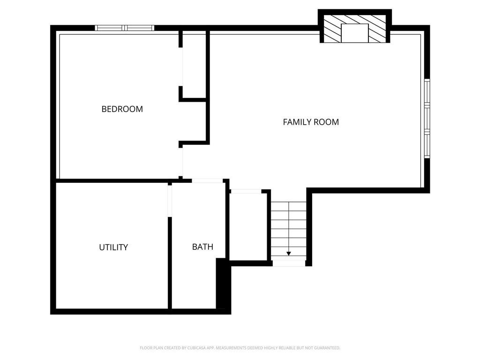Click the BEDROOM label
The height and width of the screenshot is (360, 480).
pyautogui.click(x=122, y=109)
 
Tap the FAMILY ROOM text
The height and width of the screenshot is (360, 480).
pyautogui.click(x=311, y=122)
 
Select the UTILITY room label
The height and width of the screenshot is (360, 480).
pyautogui.click(x=113, y=247)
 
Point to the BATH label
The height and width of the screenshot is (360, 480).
pyautogui.click(x=202, y=247)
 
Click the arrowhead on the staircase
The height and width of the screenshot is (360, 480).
pyautogui.click(x=289, y=253)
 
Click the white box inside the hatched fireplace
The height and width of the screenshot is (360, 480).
pyautogui.click(x=354, y=33)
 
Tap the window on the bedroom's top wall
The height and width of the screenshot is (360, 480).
pyautogui.click(x=125, y=28)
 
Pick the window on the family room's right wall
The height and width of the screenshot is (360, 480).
pyautogui.click(x=427, y=119)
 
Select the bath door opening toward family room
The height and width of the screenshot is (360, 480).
pyautogui.click(x=207, y=181)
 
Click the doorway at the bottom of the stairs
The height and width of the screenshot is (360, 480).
pyautogui.click(x=289, y=263)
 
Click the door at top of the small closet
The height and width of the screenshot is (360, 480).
pyautogui.click(x=246, y=191)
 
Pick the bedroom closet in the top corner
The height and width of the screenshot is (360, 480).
pyautogui.click(x=194, y=66)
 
